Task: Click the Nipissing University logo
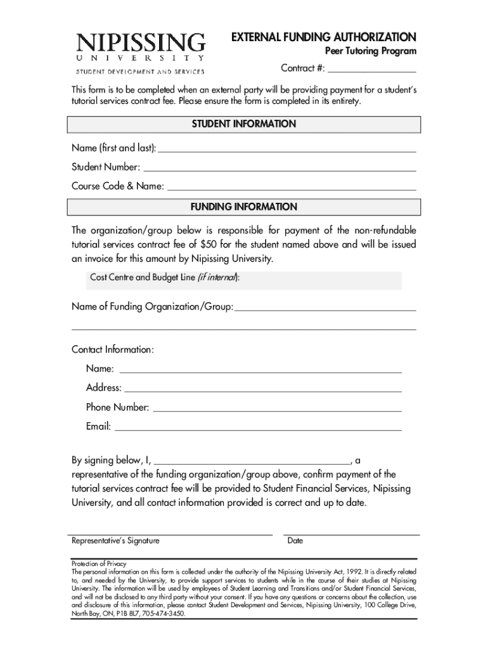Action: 141,53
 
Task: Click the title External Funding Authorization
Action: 323,37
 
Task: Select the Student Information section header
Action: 243,124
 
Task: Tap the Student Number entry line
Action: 279,169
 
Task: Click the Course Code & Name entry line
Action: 291,188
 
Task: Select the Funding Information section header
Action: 243,207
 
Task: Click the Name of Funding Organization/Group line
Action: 325,308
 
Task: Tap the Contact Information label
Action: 112,350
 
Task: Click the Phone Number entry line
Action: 278,409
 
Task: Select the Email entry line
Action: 258,428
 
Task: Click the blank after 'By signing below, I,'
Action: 252,461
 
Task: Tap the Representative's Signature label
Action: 115,541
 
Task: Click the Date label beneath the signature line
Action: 295,541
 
